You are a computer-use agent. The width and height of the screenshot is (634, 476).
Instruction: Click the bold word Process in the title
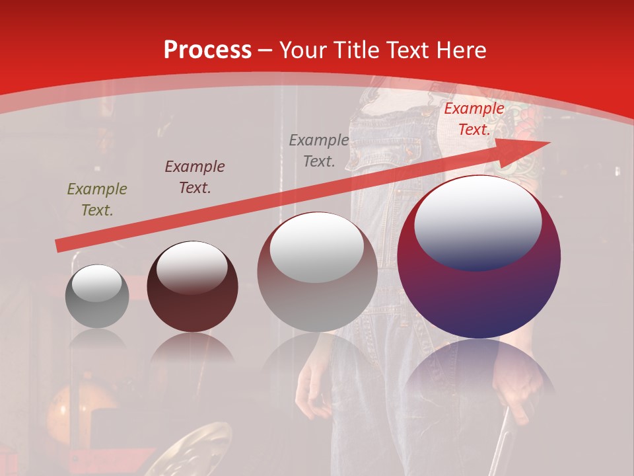coord(207,50)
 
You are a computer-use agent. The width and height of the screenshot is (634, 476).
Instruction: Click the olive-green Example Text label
coord(97,200)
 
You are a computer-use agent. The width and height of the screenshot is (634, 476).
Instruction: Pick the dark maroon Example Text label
coord(195,177)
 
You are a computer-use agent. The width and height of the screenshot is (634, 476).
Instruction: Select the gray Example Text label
coord(319,151)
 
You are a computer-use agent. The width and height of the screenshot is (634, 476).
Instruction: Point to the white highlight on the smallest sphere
coord(96,282)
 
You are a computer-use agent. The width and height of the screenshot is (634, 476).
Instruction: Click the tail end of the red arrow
coord(59,246)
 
